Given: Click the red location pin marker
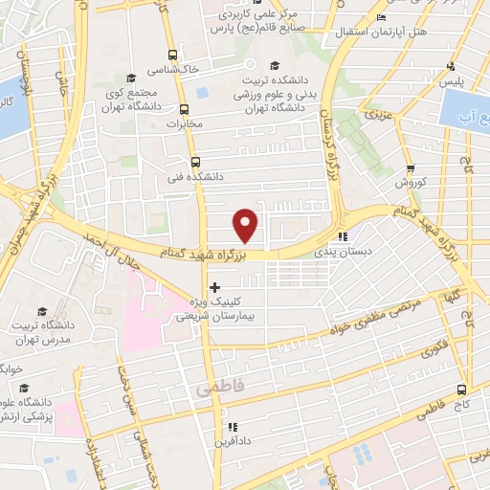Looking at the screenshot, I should tap(247, 225).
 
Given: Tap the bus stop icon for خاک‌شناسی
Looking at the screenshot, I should tap(171, 55).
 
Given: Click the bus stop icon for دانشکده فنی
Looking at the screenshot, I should tap(195, 162).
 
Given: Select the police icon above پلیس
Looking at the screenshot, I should tap(451, 67).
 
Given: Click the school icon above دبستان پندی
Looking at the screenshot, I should tap(342, 237).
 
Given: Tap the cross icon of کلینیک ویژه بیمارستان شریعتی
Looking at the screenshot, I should tap(213, 286).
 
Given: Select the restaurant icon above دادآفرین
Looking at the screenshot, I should tap(231, 427).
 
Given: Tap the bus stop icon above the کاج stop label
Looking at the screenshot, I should tap(462, 390).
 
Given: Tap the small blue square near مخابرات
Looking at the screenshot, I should tap(202, 93).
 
